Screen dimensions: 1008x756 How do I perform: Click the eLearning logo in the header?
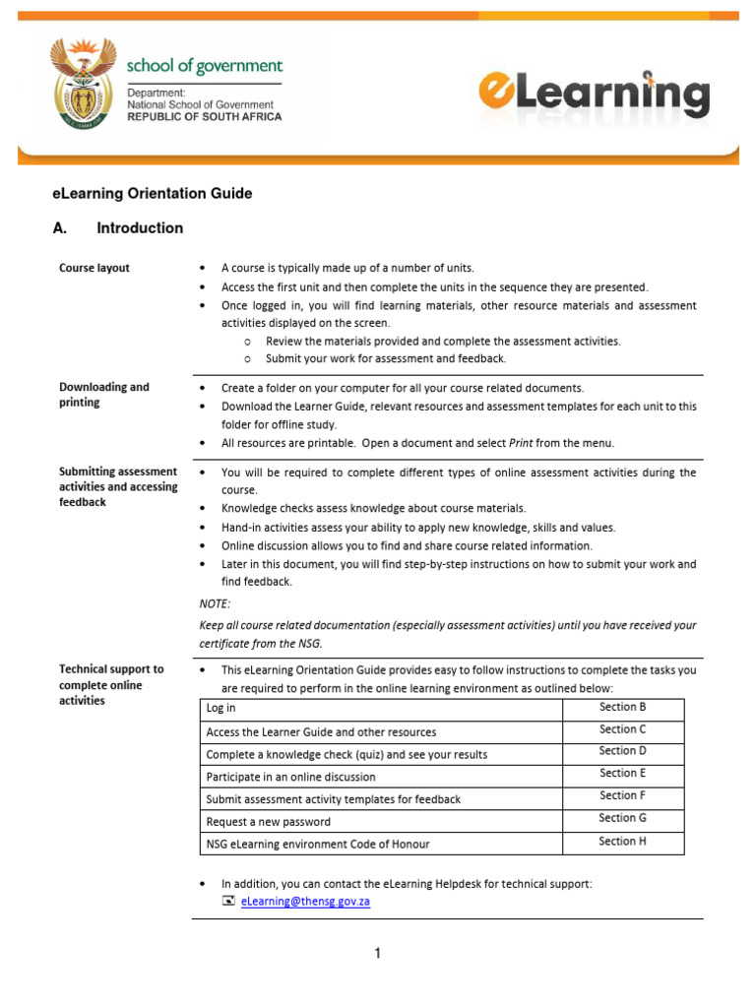pyautogui.click(x=594, y=94)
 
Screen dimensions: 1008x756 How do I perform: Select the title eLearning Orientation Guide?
pyautogui.click(x=153, y=194)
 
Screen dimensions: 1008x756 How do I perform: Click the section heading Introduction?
pyautogui.click(x=140, y=228)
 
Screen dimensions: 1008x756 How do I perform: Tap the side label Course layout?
pyautogui.click(x=94, y=268)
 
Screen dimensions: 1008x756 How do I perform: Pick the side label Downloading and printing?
pyautogui.click(x=103, y=395)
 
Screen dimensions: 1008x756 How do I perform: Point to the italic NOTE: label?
pyautogui.click(x=215, y=604)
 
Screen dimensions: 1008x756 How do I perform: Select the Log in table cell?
pyautogui.click(x=220, y=709)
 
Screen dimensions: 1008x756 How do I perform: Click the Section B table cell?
pyautogui.click(x=622, y=707)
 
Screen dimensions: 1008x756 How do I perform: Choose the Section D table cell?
pyautogui.click(x=622, y=751)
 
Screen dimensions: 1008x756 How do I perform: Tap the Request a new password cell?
pyautogui.click(x=268, y=822)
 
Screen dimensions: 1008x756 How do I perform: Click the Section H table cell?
pyautogui.click(x=622, y=842)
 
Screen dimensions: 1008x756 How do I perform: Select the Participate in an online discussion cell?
pyautogui.click(x=290, y=777)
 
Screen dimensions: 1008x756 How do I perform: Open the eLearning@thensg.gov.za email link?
pyautogui.click(x=305, y=901)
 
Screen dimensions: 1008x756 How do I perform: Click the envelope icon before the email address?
pyautogui.click(x=228, y=901)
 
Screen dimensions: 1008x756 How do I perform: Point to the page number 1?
pyautogui.click(x=377, y=953)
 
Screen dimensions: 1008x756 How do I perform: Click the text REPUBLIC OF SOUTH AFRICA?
pyautogui.click(x=204, y=116)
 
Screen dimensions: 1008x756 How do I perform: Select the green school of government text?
pyautogui.click(x=204, y=67)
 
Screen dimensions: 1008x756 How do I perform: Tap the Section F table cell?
pyautogui.click(x=622, y=795)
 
